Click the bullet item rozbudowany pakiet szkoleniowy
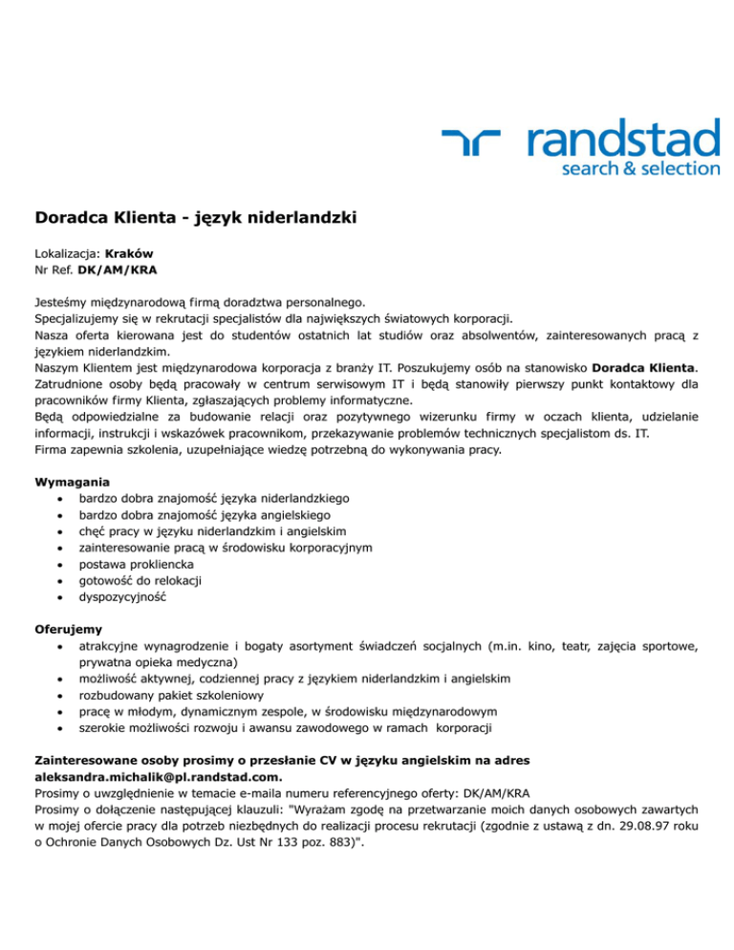[170, 695]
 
